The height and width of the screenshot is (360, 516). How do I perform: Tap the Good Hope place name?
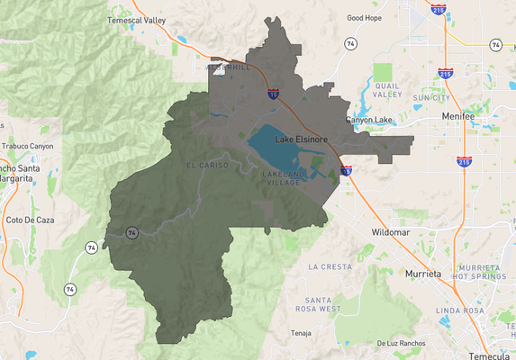(365, 17)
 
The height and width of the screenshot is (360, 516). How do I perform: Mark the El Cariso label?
(203, 166)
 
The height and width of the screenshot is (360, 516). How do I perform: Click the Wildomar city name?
(391, 232)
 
